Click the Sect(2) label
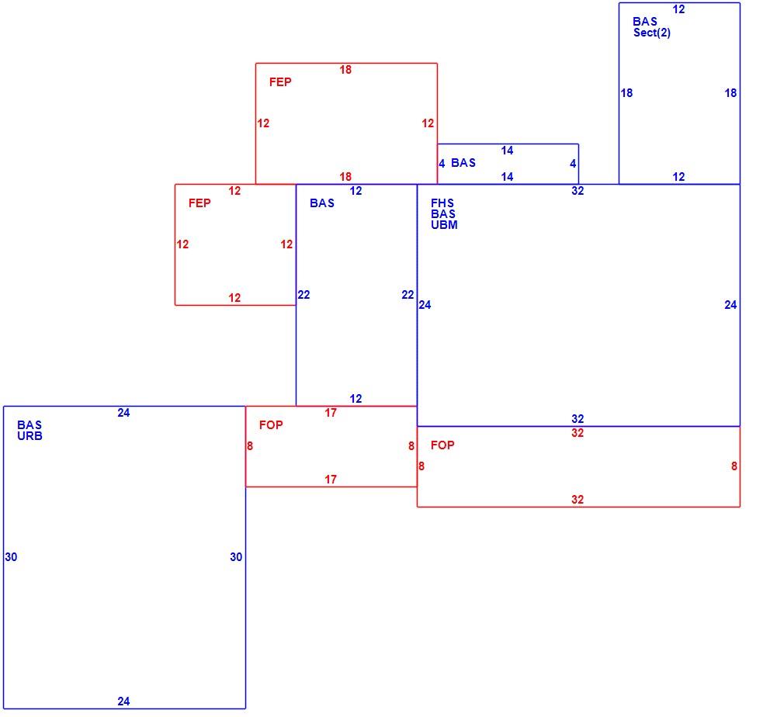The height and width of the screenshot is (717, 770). [x=652, y=33]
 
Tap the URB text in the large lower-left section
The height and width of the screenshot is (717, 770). [x=29, y=436]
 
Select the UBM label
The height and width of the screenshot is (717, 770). [x=444, y=225]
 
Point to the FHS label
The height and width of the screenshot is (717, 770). [x=442, y=203]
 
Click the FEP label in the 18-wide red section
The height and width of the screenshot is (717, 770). [x=280, y=82]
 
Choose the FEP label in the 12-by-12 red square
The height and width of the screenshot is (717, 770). [x=199, y=203]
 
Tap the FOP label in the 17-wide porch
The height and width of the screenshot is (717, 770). [x=271, y=425]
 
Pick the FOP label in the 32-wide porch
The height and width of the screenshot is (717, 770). [x=442, y=445]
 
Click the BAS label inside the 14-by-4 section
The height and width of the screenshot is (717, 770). [x=463, y=163]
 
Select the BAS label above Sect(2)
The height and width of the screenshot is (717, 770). [x=645, y=22]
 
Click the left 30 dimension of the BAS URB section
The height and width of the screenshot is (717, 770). [x=11, y=557]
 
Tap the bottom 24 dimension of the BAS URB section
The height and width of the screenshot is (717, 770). [x=123, y=701]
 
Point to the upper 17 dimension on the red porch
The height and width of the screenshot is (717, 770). [x=331, y=413]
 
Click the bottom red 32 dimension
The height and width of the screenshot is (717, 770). [x=577, y=500]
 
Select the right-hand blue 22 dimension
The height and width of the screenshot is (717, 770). [x=408, y=295]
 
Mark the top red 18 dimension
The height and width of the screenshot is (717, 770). [x=345, y=70]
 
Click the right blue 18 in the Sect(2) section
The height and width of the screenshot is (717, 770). [x=730, y=93]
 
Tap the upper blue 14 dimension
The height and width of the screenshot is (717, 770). [x=508, y=151]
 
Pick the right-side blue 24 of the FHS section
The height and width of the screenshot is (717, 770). [x=730, y=305]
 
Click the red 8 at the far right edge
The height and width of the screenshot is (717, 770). [x=734, y=466]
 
